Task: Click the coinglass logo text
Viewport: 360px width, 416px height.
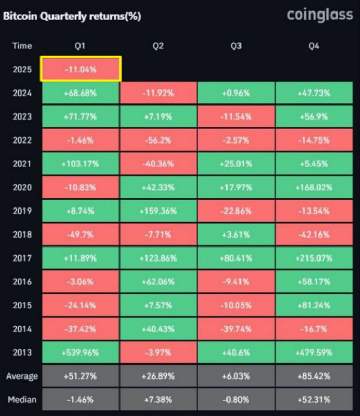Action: coord(320,16)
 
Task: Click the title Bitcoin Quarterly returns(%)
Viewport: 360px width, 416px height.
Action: coord(72,16)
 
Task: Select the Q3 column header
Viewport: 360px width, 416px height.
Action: coord(236,46)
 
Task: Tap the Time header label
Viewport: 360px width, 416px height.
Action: coord(22,46)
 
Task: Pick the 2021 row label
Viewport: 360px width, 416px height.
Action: coord(22,164)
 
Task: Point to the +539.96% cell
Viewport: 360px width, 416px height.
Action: coord(81,352)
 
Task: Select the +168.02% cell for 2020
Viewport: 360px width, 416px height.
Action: coord(314,187)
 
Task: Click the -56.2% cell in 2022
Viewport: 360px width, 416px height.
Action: coord(158,140)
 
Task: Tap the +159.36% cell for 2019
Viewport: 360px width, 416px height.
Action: coord(158,211)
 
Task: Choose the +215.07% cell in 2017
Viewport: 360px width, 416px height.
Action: coord(314,258)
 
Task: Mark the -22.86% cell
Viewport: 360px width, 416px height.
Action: coord(236,211)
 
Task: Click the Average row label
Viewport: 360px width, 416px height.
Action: coord(22,376)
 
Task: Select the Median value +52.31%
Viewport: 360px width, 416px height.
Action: coord(314,400)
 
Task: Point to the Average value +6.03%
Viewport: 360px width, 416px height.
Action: coord(236,376)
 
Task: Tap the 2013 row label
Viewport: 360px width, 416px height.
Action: coord(22,352)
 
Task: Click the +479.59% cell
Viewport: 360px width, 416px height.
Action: coord(314,352)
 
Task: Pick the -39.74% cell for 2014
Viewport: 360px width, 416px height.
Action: coord(236,329)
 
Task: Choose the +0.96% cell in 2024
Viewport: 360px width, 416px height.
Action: coord(236,93)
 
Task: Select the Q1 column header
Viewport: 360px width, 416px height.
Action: coord(81,46)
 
